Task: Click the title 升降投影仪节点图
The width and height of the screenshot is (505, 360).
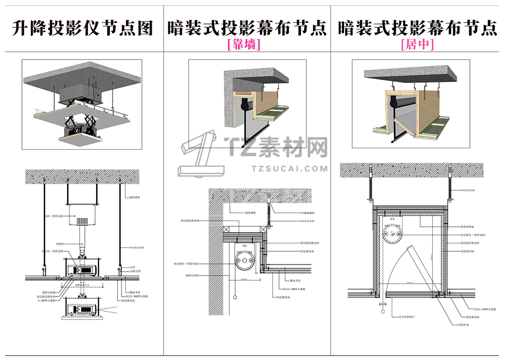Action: point(82,29)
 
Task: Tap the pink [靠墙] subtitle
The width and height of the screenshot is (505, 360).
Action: point(244,45)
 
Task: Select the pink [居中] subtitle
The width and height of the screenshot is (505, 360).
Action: point(417,45)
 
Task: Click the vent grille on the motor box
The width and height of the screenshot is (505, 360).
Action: point(82,221)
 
